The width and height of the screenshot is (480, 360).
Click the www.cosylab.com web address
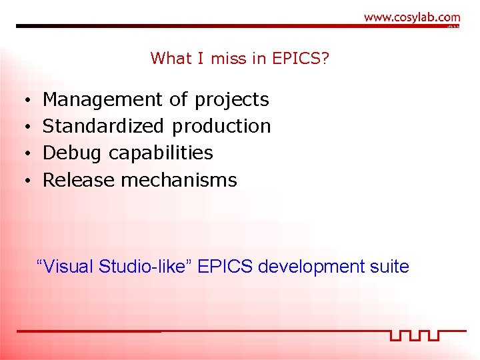click(412, 17)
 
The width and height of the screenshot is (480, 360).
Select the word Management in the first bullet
click(102, 100)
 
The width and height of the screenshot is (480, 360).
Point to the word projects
click(232, 100)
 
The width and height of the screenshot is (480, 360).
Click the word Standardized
click(103, 126)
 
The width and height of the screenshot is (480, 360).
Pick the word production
click(221, 126)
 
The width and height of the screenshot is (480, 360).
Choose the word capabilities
click(161, 153)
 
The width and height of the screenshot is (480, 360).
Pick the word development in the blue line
click(308, 267)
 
